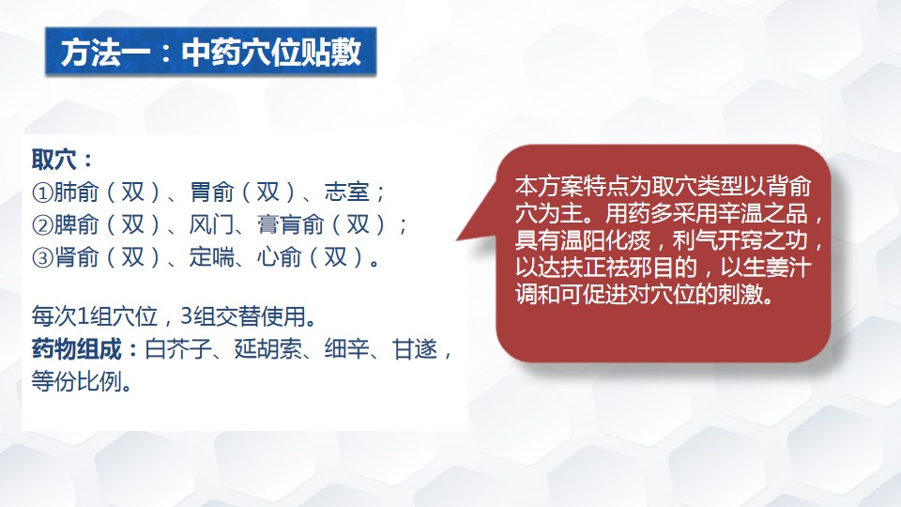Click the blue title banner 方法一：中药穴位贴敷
[211, 51]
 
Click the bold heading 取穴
[54, 160]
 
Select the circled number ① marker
[42, 192]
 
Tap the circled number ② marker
[42, 225]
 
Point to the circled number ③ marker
[42, 258]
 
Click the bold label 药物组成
[76, 349]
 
